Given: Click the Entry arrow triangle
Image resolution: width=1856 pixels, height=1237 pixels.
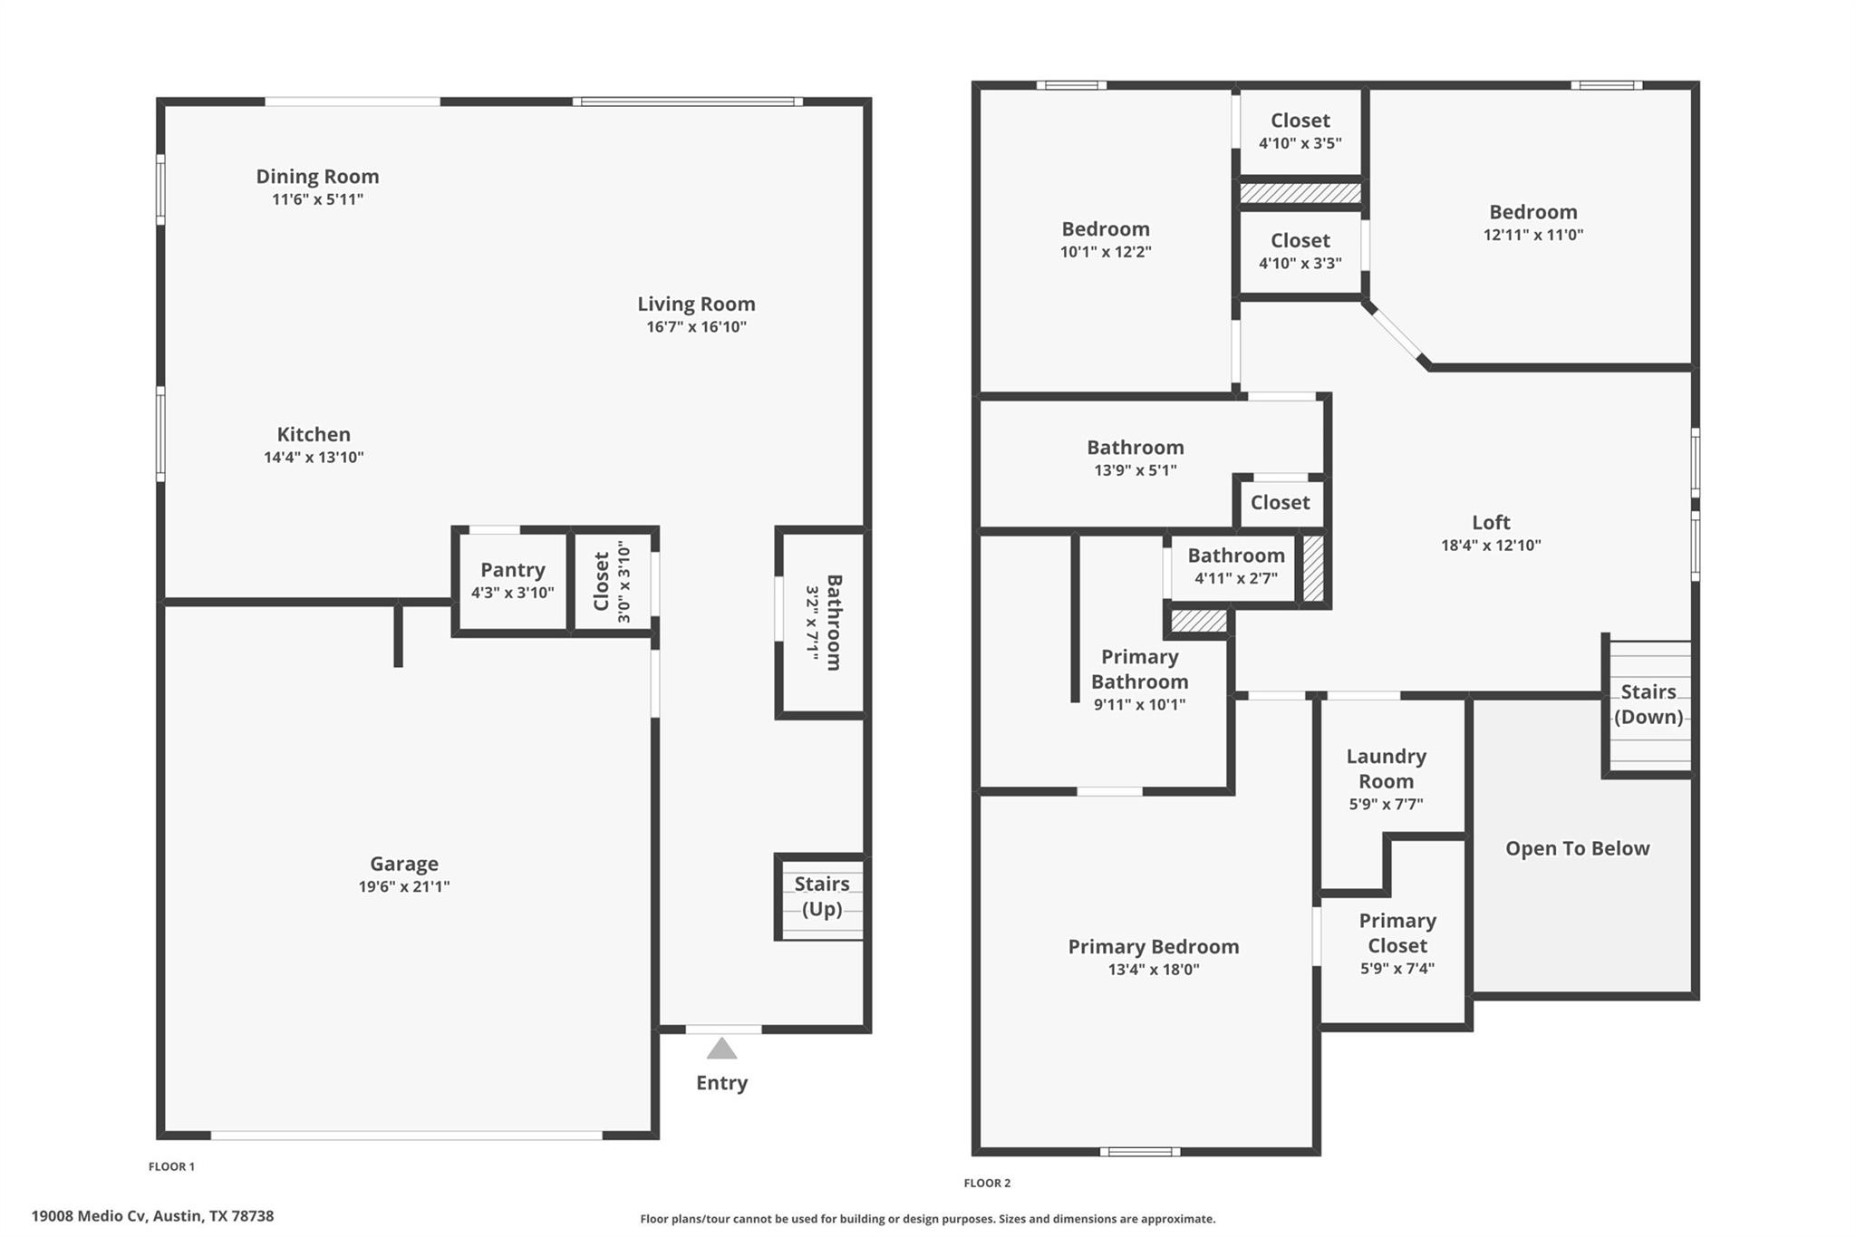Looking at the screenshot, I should [x=721, y=1049].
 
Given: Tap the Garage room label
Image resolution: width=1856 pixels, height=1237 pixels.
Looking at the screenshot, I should [x=403, y=864].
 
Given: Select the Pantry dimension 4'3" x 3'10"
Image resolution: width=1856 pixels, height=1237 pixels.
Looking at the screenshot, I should [x=512, y=593].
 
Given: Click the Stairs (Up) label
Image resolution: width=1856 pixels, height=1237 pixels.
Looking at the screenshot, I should [x=821, y=896].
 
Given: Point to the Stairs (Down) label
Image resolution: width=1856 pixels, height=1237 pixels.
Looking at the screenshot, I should [x=1648, y=704].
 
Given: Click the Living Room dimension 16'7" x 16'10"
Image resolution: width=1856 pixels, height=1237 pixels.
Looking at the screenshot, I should [x=696, y=327].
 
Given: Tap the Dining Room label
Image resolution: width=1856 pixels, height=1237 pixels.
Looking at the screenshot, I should [x=317, y=177].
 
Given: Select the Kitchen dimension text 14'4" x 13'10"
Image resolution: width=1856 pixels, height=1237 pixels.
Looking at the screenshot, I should [x=314, y=458].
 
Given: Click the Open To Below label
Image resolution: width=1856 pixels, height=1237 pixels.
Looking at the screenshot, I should [x=1577, y=848].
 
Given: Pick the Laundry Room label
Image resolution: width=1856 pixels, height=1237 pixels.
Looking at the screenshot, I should [x=1386, y=768].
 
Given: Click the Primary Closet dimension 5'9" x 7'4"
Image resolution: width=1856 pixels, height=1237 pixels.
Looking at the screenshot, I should [x=1397, y=969].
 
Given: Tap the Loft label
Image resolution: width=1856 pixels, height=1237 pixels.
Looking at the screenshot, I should [x=1491, y=522].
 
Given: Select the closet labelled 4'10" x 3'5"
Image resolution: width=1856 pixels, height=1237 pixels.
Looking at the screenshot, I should [x=1300, y=131].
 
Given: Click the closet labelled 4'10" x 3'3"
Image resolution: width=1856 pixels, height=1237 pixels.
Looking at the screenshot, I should [x=1300, y=251].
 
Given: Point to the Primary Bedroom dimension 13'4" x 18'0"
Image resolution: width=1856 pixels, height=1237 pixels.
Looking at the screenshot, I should [x=1153, y=970].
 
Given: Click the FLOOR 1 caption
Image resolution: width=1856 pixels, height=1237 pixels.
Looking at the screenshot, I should [x=171, y=1166].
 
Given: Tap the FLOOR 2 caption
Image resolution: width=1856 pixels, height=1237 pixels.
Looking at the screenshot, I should [x=987, y=1183].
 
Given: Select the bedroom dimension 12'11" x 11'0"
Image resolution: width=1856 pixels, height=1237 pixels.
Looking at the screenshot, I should [x=1532, y=235].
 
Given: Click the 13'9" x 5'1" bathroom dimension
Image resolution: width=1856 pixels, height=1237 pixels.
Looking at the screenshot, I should [x=1135, y=470].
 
